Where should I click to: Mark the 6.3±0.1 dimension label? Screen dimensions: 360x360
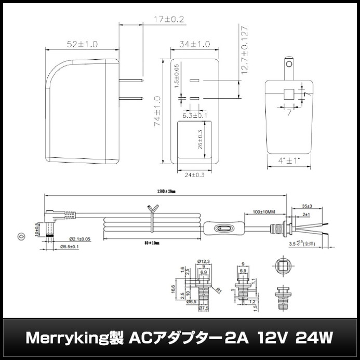click(x=195, y=115)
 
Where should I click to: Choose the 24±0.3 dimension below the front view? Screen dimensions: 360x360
click(x=195, y=175)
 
